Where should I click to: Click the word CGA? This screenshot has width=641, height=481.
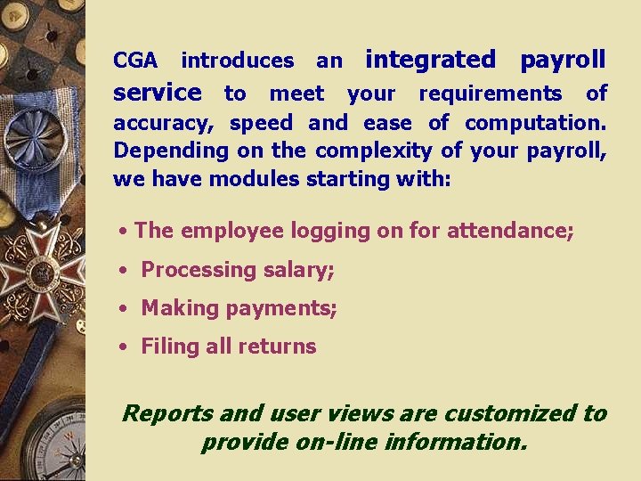click(x=135, y=61)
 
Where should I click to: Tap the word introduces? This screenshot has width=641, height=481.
click(x=237, y=61)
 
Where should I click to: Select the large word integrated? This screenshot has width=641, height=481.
click(x=431, y=61)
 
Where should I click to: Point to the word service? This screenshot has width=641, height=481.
click(x=158, y=93)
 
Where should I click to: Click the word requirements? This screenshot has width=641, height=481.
click(x=490, y=94)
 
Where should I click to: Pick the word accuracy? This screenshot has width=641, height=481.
click(x=166, y=123)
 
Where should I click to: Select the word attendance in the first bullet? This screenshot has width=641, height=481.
click(x=509, y=232)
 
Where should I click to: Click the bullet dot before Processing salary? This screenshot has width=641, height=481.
click(x=126, y=270)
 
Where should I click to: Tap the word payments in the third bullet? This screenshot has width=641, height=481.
click(x=284, y=309)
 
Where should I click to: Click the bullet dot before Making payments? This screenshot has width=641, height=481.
click(x=126, y=309)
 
